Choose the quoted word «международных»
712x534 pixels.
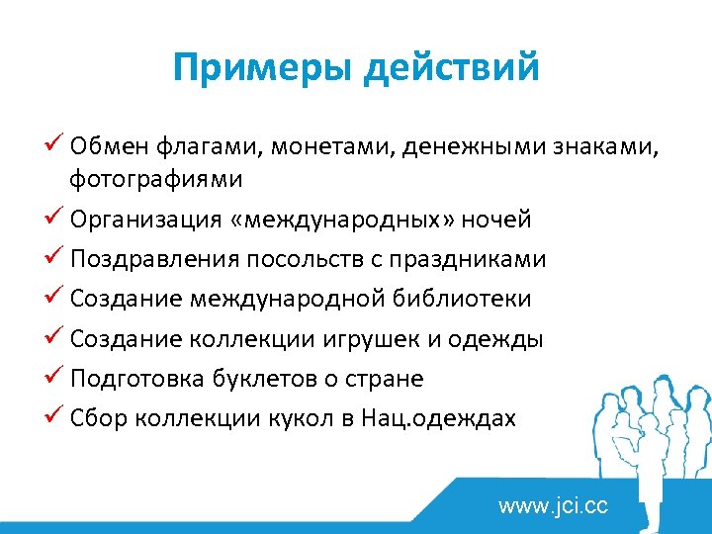pyautogui.click(x=342, y=219)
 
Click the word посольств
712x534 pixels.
pyautogui.click(x=326, y=259)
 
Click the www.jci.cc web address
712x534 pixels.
pyautogui.click(x=553, y=507)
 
